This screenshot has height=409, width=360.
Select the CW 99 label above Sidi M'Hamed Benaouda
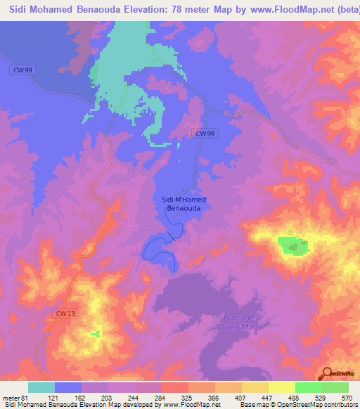[203, 133]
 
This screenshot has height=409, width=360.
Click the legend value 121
[54, 398]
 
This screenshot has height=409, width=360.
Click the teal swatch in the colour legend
[41, 387]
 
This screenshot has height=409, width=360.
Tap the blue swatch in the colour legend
[68, 387]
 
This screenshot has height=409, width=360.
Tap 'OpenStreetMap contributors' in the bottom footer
[314, 405]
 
